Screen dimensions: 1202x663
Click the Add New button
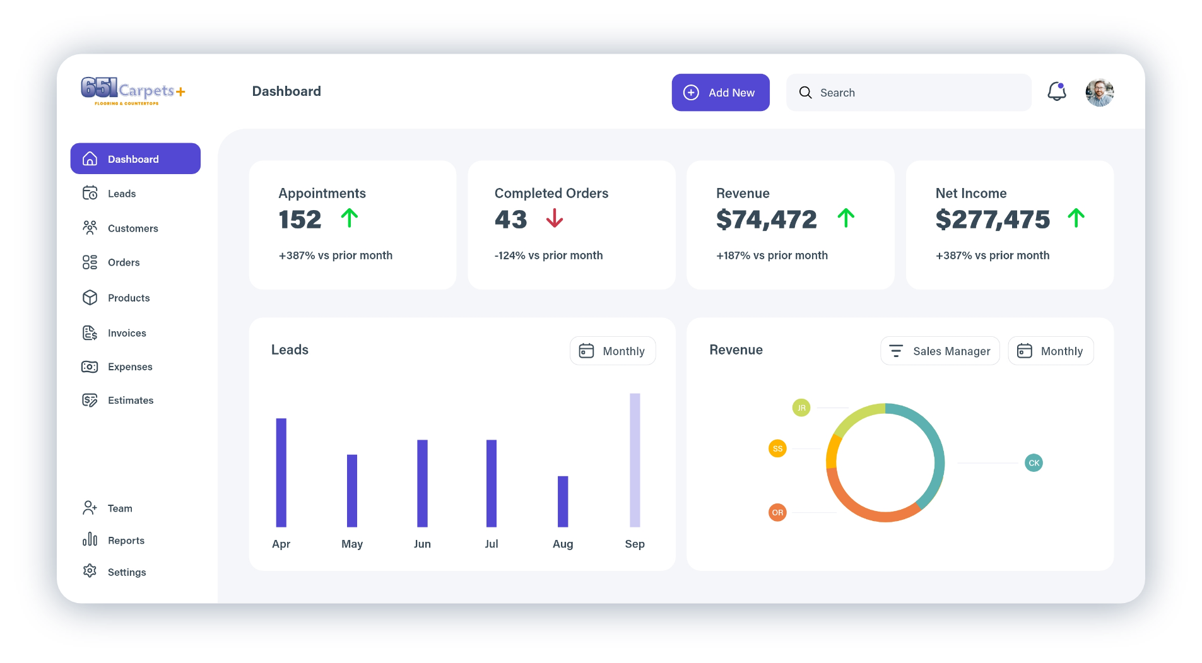tap(720, 93)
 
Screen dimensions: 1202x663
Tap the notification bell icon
tap(1056, 91)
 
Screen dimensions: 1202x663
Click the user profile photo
tap(1099, 92)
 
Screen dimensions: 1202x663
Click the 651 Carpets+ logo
tap(133, 91)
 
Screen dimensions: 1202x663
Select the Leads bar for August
tap(563, 502)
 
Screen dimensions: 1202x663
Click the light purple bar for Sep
tap(635, 460)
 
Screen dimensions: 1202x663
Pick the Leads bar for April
tap(281, 472)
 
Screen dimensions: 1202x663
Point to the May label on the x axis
tap(352, 544)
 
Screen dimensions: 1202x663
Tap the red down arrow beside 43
tap(555, 218)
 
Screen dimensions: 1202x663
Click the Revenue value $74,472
tap(767, 220)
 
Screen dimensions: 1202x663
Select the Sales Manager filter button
tap(940, 351)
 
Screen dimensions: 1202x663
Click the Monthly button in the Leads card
tap(613, 351)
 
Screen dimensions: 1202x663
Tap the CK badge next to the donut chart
tap(1034, 463)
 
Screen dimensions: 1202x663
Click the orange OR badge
tap(777, 512)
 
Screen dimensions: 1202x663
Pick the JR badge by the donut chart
tap(801, 408)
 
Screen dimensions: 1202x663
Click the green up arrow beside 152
tap(350, 218)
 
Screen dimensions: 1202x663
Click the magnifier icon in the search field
tap(805, 93)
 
